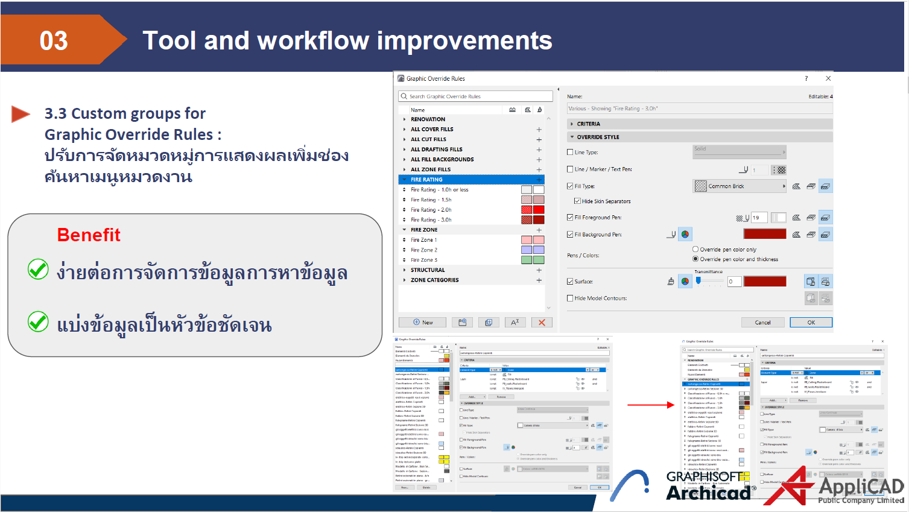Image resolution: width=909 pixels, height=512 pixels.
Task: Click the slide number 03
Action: pyautogui.click(x=54, y=41)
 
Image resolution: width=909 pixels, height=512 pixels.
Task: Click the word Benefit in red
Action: pyautogui.click(x=89, y=235)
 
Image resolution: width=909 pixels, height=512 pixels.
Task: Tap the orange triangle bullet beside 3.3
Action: pyautogui.click(x=20, y=114)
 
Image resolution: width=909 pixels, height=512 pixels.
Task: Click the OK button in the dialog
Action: pyautogui.click(x=811, y=323)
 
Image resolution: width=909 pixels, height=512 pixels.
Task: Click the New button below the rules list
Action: pyautogui.click(x=422, y=323)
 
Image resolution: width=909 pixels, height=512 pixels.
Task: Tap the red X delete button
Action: pyautogui.click(x=541, y=323)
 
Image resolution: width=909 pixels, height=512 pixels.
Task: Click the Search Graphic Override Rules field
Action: pyautogui.click(x=477, y=96)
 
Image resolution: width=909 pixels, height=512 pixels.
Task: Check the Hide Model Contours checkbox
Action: pyautogui.click(x=570, y=298)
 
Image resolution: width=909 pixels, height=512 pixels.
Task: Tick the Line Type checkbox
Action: pyautogui.click(x=570, y=153)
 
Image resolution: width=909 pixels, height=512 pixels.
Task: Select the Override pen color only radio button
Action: pyautogui.click(x=695, y=249)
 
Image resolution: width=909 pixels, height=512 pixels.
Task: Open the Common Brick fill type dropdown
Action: pyautogui.click(x=740, y=186)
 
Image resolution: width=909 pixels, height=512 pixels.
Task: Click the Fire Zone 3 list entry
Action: pyautogui.click(x=424, y=260)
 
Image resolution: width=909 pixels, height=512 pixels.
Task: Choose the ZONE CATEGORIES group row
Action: pyautogui.click(x=435, y=280)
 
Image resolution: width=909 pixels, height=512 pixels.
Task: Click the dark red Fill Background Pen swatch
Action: pyautogui.click(x=764, y=234)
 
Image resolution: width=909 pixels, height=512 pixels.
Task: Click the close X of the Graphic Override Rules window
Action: pyautogui.click(x=828, y=78)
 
